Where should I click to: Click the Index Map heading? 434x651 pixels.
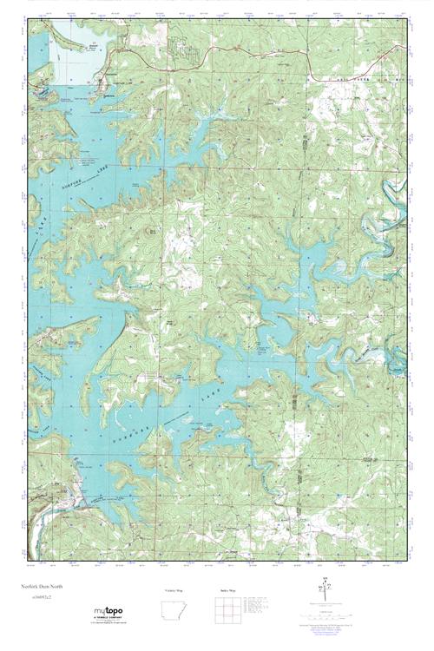tap(227, 590)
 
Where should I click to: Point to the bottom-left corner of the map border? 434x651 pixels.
tap(28, 561)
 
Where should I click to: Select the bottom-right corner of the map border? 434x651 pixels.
tap(406, 561)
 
